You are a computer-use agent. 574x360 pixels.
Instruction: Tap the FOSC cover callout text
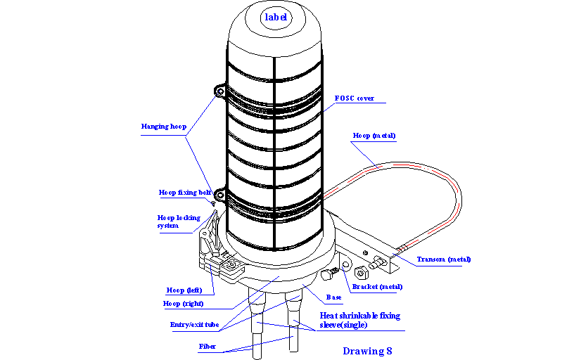click(x=355, y=98)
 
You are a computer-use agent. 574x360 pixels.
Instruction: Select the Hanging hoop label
click(x=164, y=127)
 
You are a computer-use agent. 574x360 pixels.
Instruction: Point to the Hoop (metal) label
click(x=374, y=135)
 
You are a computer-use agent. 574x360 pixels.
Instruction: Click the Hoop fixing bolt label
click(x=184, y=192)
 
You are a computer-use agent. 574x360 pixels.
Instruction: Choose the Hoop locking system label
click(x=178, y=221)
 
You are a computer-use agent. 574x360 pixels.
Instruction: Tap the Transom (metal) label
click(x=443, y=259)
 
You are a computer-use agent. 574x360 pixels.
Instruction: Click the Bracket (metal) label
click(x=377, y=287)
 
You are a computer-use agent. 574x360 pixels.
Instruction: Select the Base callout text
click(x=333, y=297)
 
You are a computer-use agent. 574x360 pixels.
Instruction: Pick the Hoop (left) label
click(x=185, y=290)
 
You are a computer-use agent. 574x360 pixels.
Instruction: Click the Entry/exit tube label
click(x=195, y=325)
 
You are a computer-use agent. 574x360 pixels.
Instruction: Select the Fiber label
click(x=208, y=347)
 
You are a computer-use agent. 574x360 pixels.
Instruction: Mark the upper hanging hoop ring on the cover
click(x=219, y=91)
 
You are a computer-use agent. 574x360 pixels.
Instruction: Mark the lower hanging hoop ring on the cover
click(x=219, y=193)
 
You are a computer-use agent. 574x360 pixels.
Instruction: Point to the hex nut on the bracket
click(x=361, y=273)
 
